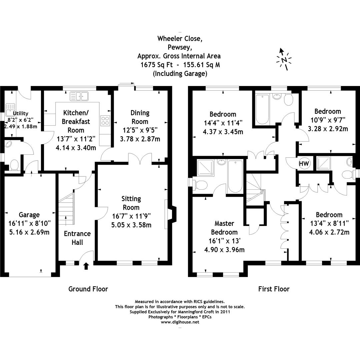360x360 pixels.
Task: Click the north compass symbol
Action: pos(284,60)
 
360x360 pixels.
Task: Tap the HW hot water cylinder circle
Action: pos(303,164)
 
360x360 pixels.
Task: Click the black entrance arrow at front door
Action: pos(86,266)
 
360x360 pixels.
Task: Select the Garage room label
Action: pos(29,215)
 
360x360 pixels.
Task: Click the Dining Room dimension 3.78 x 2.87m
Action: pos(140,139)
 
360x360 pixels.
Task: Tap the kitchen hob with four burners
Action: pos(105,120)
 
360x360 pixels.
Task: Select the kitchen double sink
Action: pos(79,97)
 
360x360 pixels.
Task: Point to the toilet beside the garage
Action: pos(14,165)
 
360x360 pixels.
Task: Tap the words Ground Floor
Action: pos(88,289)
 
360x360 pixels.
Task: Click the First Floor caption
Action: pos(274,289)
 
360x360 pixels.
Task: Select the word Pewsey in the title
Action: pos(179,47)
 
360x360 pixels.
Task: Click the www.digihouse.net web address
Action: pos(180,322)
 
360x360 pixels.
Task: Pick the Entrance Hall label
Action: pos(77,238)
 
